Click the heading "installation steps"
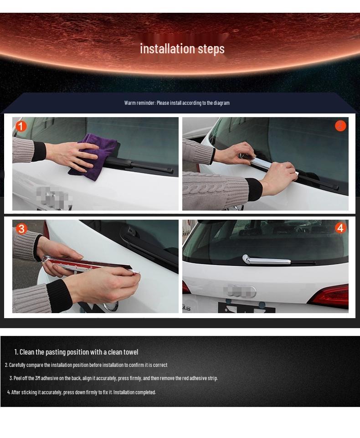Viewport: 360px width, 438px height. [x=182, y=49]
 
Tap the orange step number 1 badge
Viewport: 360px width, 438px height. [x=21, y=126]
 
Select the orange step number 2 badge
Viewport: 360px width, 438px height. [x=340, y=126]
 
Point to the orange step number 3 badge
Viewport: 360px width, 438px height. [x=21, y=229]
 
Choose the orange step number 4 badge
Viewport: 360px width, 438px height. [x=340, y=228]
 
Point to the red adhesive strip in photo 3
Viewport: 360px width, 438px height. [x=87, y=263]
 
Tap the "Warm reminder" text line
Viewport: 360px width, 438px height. [x=177, y=103]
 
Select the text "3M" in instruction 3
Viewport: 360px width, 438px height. [x=38, y=378]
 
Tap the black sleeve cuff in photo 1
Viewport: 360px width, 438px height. [x=39, y=151]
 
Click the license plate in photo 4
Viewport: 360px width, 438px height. [x=247, y=308]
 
